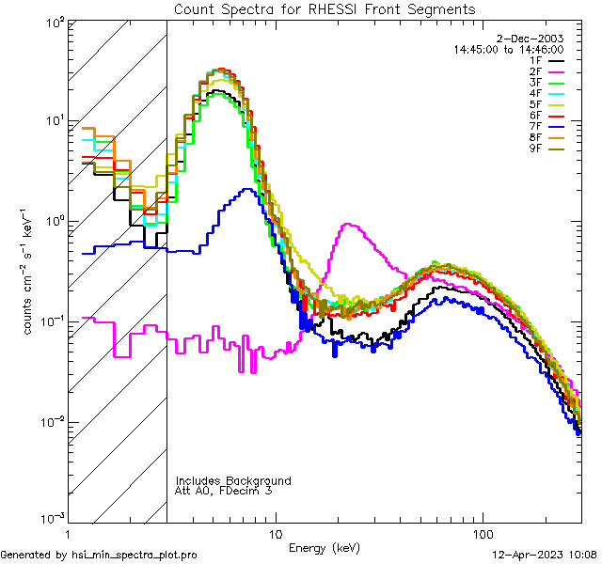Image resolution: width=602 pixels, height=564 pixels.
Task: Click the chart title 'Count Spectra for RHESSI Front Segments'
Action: pyautogui.click(x=325, y=8)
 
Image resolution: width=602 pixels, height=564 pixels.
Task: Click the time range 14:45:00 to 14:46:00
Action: pyautogui.click(x=509, y=49)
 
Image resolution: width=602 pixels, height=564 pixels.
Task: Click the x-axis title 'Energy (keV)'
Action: pyautogui.click(x=324, y=547)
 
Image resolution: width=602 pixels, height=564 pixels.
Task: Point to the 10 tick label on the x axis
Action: pyautogui.click(x=275, y=534)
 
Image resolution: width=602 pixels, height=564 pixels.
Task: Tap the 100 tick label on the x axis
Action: pyautogui.click(x=483, y=534)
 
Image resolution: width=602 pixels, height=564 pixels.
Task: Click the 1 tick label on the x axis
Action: pyautogui.click(x=67, y=534)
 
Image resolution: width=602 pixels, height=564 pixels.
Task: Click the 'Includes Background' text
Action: pyautogui.click(x=233, y=480)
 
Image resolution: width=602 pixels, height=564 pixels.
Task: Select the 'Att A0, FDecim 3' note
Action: pyautogui.click(x=225, y=491)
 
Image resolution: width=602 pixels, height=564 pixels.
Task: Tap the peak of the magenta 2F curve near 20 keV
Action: pyautogui.click(x=349, y=224)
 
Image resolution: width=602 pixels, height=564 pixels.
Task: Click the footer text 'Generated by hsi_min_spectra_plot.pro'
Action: pyautogui.click(x=99, y=555)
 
